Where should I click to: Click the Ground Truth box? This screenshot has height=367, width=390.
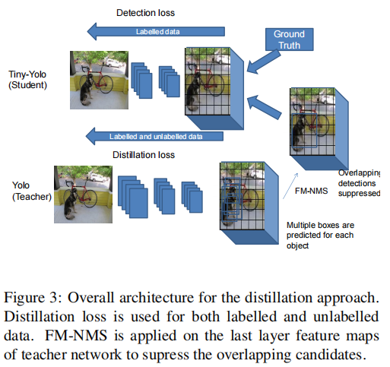[x=289, y=40]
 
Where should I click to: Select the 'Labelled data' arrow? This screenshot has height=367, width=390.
[x=156, y=32]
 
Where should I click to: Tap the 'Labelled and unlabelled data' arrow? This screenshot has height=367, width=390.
[x=154, y=136]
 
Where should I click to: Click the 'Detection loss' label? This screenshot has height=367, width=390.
[x=145, y=13]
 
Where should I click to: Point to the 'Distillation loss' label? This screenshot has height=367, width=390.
[x=144, y=155]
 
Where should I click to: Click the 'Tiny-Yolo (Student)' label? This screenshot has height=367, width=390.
[x=27, y=80]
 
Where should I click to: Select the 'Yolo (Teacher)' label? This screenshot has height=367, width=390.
[x=32, y=191]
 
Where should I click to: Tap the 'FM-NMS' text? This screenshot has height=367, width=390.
[x=311, y=191]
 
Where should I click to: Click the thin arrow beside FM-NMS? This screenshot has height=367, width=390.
[x=290, y=185]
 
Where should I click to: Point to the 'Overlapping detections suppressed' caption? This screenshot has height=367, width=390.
[x=359, y=183]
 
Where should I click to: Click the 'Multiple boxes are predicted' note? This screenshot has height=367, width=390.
[x=320, y=236]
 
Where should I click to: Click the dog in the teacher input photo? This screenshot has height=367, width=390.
[x=70, y=204]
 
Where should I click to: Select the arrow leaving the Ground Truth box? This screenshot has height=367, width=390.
[x=264, y=62]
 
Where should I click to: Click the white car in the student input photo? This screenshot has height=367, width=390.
[x=114, y=62]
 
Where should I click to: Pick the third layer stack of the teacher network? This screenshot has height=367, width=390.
[x=192, y=197]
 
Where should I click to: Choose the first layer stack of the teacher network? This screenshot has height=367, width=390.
[x=133, y=197]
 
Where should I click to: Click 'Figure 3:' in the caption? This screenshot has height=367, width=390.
[x=33, y=297]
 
